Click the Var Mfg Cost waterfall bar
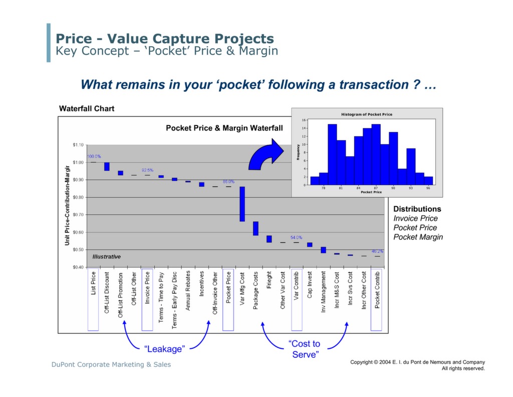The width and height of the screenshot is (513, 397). (x=242, y=204)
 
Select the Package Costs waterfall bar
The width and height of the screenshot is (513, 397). (x=255, y=228)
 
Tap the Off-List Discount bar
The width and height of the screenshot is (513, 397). (x=107, y=166)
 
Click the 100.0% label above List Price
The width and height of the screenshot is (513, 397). (x=94, y=157)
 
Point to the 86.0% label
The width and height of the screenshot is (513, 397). (x=228, y=182)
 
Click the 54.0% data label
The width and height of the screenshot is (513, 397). (x=296, y=237)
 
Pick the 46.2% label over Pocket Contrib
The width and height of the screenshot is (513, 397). (x=377, y=251)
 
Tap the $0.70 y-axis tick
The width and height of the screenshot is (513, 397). (x=78, y=215)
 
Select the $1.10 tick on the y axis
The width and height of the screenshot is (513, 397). (x=78, y=145)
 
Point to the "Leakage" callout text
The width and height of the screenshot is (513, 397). (x=164, y=348)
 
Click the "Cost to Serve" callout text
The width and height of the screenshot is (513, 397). (x=305, y=349)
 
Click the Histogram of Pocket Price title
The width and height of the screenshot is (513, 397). (x=367, y=114)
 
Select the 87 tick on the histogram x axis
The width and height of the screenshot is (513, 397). (x=376, y=188)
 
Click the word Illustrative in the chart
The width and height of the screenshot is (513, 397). (x=106, y=256)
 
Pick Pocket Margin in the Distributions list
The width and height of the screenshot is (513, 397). (x=418, y=237)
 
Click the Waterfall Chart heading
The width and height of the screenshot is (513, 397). (x=87, y=108)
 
